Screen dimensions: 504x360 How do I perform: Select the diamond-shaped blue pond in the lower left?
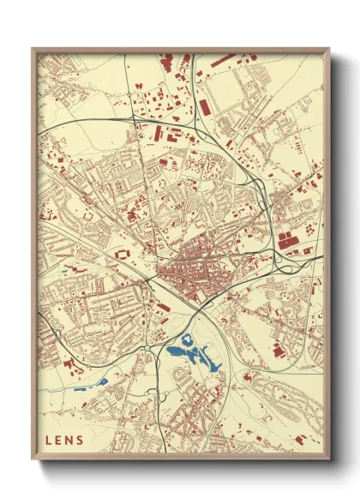102,381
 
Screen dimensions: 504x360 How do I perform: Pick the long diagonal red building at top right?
225,61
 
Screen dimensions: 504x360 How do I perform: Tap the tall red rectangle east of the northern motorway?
206,107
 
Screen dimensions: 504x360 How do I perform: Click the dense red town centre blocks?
184,274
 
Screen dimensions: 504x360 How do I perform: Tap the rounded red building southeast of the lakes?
248,375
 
